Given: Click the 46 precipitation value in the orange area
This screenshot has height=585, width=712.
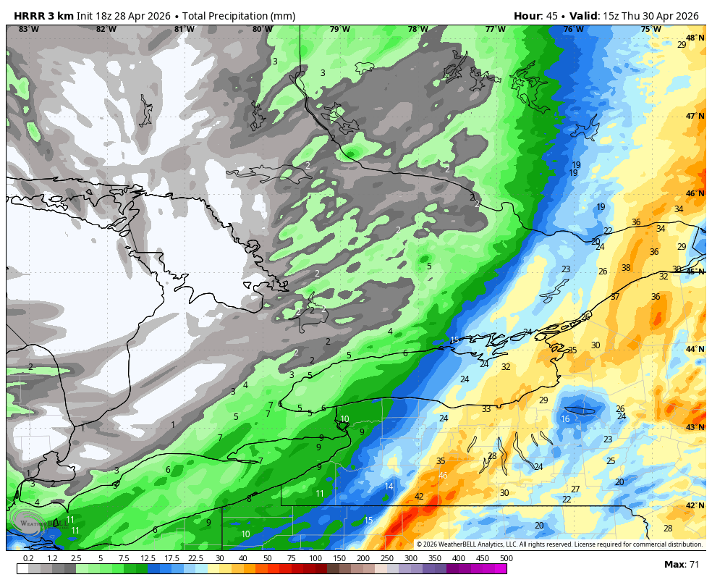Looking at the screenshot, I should (443, 476).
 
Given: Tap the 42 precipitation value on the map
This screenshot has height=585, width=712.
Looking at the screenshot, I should (419, 497).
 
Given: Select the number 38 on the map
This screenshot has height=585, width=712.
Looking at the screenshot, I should (626, 268).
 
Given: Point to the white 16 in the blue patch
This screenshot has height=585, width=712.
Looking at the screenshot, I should (565, 419).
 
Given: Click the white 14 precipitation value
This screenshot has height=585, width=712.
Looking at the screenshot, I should (389, 487).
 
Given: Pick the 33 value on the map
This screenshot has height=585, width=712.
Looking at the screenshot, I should (486, 409).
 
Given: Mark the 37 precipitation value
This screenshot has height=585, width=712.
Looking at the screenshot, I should (615, 297).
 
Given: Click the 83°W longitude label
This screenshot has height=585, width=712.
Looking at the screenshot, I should (29, 30).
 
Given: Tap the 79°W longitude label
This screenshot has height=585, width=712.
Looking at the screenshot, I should (340, 30).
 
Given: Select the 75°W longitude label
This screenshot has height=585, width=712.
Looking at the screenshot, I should (650, 30).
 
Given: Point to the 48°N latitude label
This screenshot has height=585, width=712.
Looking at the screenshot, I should (695, 38).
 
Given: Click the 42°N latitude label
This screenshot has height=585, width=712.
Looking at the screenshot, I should (695, 506).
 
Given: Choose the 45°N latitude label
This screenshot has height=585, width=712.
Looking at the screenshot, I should (695, 272).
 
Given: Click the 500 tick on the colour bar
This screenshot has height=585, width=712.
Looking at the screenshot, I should (506, 558).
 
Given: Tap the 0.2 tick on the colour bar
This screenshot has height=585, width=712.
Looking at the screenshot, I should (28, 558).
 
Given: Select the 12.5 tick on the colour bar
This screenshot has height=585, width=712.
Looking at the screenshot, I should (148, 558).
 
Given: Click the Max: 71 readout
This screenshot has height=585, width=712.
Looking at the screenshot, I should (682, 564).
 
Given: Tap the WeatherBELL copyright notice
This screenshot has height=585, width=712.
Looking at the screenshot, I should (559, 544).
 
